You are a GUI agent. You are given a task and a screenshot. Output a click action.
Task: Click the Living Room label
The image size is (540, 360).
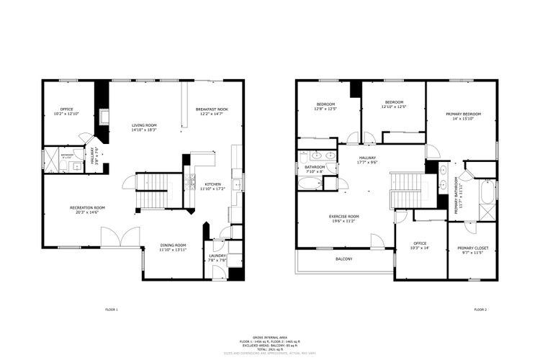coord(144,125)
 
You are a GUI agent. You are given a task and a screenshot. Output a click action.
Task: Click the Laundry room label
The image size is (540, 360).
coord(217,256)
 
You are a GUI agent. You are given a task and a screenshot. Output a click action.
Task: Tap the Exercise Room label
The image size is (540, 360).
coord(343,216)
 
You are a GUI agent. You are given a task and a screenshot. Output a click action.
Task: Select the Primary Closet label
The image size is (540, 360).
coord(472,248)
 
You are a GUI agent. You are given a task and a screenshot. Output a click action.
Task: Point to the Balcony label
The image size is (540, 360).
coord(343,258)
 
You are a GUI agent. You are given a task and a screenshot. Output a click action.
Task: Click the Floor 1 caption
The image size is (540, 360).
coord(111,310)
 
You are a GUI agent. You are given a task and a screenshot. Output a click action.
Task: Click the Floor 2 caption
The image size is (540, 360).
coord(480,310)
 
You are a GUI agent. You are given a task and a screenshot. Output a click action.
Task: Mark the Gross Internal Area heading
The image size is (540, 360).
coord(270,336)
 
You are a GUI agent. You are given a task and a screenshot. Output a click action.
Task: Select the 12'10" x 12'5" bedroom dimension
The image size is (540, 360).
coord(393,107)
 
